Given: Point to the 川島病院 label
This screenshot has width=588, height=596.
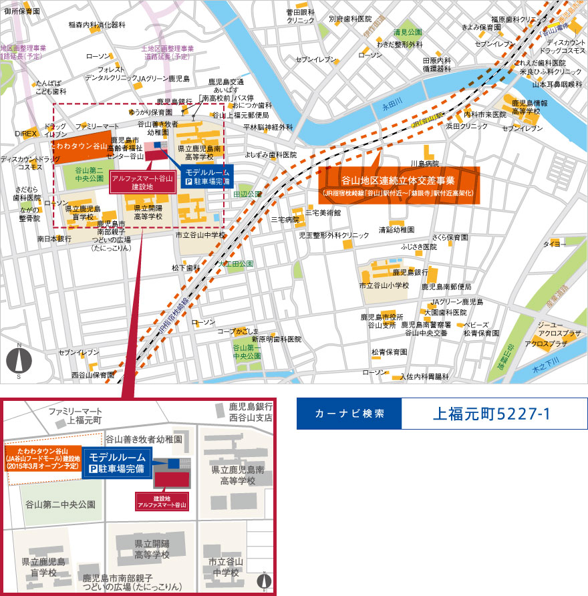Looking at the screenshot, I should click(x=425, y=163).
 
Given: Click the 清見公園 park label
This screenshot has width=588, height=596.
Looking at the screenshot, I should click(x=408, y=32).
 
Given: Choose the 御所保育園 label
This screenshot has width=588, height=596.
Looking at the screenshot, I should click(x=22, y=12).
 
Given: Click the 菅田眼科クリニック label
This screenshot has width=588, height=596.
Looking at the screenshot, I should click(x=301, y=17).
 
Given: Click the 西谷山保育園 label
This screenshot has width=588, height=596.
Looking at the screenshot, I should click(x=94, y=375).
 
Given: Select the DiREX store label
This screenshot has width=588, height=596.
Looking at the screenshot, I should click(x=26, y=134).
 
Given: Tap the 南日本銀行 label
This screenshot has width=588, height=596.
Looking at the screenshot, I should click(x=55, y=238).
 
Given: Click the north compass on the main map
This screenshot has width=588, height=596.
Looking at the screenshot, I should click(x=19, y=361).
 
